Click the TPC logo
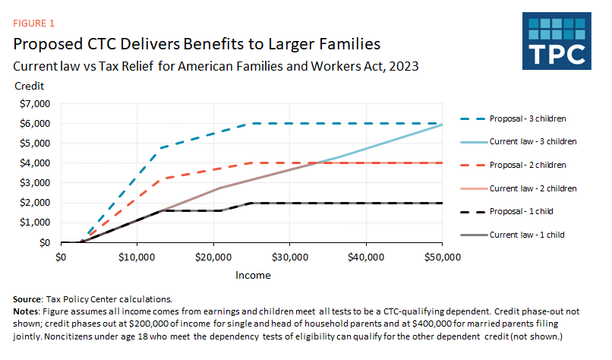click(x=560, y=41)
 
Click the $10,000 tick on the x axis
click(x=137, y=257)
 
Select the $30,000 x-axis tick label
click(x=289, y=257)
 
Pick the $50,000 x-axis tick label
click(x=442, y=257)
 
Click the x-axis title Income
click(x=252, y=276)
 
